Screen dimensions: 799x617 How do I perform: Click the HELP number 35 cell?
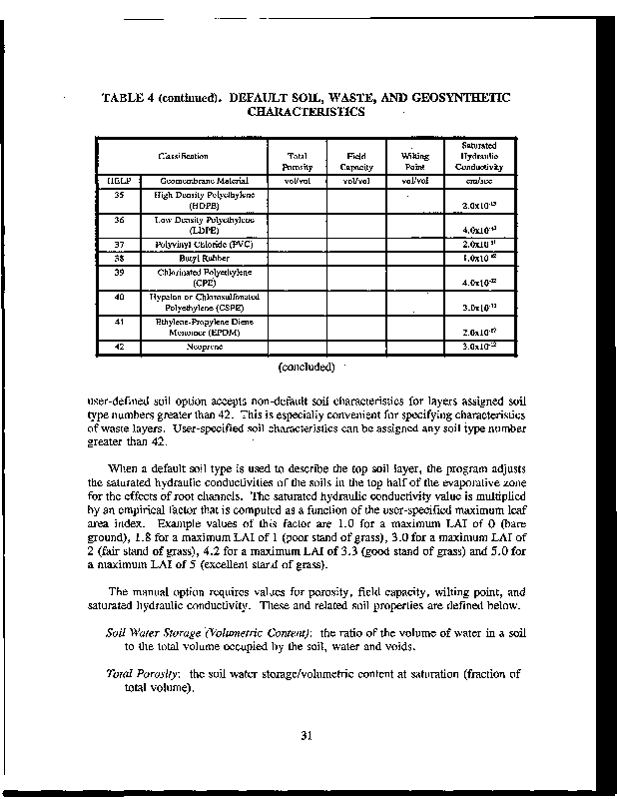pyautogui.click(x=118, y=196)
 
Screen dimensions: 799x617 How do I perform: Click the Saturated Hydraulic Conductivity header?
pyautogui.click(x=473, y=156)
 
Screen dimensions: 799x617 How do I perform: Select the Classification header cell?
pyautogui.click(x=183, y=156)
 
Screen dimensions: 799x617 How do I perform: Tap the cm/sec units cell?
pyautogui.click(x=473, y=181)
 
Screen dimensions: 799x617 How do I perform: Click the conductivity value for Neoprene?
pyautogui.click(x=473, y=347)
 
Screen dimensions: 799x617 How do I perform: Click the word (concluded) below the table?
pyautogui.click(x=307, y=366)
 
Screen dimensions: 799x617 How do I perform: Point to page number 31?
pyautogui.click(x=308, y=738)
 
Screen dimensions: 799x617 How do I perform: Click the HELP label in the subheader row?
pyautogui.click(x=118, y=181)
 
